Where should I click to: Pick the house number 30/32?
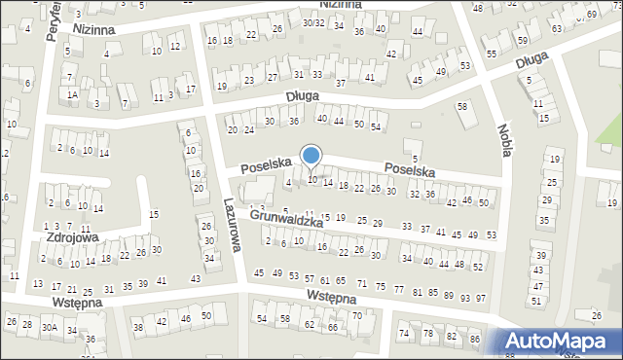[x=312, y=22]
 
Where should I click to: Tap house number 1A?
[x=72, y=94]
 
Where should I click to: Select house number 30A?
[x=49, y=328]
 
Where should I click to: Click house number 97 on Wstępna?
[x=480, y=298]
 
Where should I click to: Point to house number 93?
[x=464, y=298]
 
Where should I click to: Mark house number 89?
[x=449, y=296]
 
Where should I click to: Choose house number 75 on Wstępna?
[x=383, y=288]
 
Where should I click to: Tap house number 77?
[x=399, y=290]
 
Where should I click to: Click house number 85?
[x=433, y=294]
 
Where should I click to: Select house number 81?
[x=418, y=292]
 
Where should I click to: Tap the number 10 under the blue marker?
[x=312, y=179]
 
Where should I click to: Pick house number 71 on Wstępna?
[x=362, y=284]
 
